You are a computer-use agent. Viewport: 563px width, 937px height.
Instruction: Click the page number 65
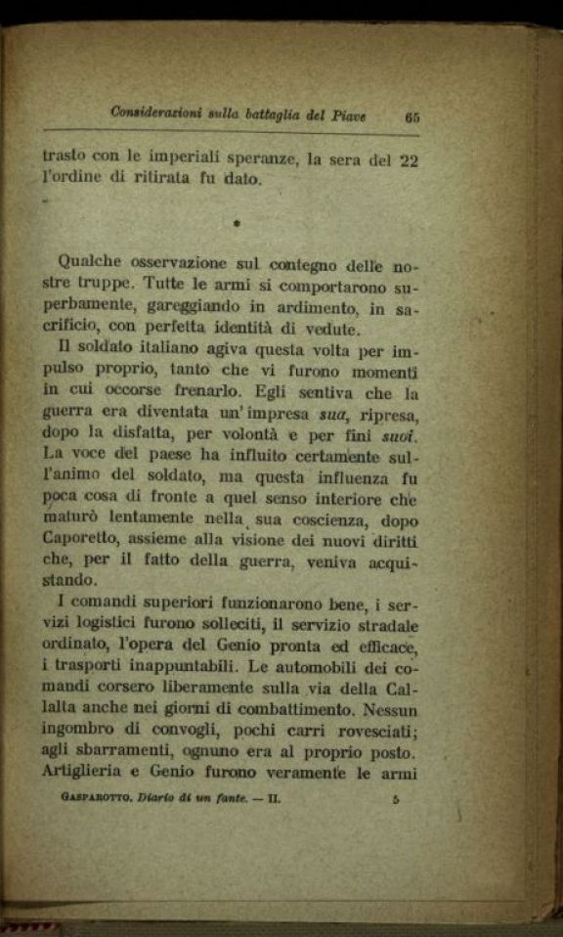coord(411,116)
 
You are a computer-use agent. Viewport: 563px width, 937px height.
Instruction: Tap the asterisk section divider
coord(238,225)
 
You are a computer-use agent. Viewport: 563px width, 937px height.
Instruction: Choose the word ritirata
coord(157,180)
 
